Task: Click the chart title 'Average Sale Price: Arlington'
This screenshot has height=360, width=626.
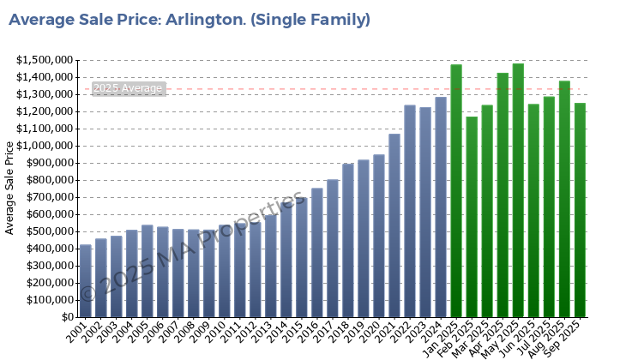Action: (190, 19)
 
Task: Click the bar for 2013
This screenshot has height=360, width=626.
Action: (270, 266)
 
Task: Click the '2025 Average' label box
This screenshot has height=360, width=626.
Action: (128, 88)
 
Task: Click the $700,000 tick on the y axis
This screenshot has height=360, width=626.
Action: (48, 197)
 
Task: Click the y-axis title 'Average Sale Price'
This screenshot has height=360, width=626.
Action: (10, 188)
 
